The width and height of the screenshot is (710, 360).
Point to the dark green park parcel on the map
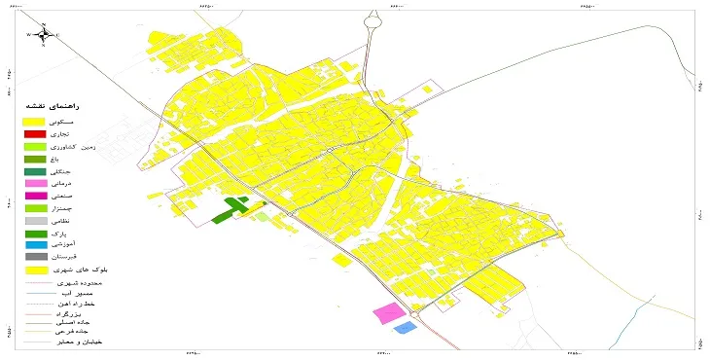coord(231,210)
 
